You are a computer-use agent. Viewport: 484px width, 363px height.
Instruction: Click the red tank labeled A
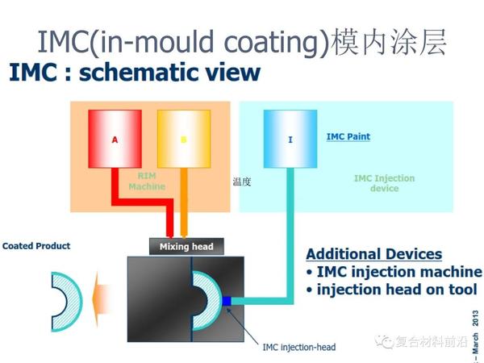[116, 138]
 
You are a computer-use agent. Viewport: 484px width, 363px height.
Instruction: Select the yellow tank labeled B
[183, 138]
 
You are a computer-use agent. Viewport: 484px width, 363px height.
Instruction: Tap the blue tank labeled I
[290, 138]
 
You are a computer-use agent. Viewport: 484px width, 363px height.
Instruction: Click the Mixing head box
[186, 246]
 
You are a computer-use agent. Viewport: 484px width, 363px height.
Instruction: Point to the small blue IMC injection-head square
[227, 301]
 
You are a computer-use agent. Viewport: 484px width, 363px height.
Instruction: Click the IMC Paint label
[348, 136]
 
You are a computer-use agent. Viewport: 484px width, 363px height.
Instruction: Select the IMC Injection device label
[384, 183]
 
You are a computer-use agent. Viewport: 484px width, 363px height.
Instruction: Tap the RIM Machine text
[146, 181]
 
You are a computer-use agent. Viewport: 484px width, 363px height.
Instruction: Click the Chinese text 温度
[242, 182]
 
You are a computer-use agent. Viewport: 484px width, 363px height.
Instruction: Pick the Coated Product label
[36, 246]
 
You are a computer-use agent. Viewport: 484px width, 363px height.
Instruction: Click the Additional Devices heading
[373, 253]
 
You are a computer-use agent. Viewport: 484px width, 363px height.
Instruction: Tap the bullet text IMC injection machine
[394, 272]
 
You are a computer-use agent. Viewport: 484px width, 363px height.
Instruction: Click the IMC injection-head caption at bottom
[299, 348]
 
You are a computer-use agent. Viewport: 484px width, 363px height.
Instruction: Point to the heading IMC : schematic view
[135, 73]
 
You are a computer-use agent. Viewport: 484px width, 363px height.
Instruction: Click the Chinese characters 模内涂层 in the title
[388, 43]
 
